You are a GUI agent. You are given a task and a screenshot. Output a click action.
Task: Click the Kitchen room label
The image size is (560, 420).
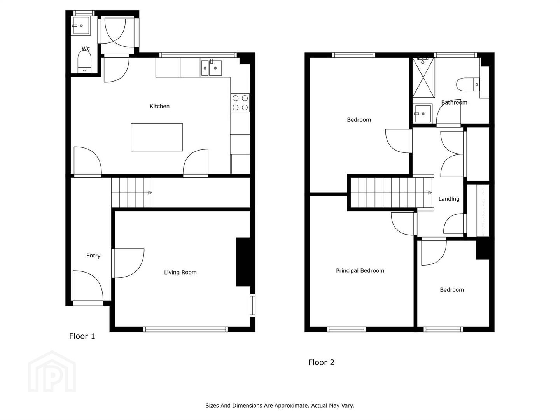(159, 106)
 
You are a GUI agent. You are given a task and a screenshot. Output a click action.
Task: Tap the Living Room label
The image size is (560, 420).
(180, 272)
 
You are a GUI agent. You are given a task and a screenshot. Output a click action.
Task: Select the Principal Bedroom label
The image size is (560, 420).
(360, 271)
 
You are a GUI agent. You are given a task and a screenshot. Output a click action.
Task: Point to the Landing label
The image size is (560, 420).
(449, 199)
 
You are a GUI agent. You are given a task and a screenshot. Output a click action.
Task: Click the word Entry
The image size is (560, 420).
(93, 255)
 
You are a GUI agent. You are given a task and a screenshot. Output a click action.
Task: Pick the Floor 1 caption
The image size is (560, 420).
(82, 336)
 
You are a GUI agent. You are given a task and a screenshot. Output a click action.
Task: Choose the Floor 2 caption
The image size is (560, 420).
(321, 362)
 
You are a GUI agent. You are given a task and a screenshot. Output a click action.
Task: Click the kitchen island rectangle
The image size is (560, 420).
(157, 137)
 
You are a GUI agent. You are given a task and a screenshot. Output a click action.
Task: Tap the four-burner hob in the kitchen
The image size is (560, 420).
(240, 103)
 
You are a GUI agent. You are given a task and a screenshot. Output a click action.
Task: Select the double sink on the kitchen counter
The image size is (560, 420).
(212, 68)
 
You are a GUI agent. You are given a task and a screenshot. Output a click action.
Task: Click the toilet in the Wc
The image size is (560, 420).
(84, 62)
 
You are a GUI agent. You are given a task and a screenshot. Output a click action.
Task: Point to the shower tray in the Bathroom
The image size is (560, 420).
(423, 77)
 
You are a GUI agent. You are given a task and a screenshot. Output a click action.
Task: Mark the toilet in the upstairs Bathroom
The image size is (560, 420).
(468, 84)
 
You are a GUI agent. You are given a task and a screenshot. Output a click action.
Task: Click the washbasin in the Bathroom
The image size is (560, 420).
(422, 114)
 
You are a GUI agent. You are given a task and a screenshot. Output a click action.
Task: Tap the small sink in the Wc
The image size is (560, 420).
(81, 26)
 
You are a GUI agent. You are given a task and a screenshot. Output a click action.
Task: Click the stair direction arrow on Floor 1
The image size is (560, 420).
(150, 192)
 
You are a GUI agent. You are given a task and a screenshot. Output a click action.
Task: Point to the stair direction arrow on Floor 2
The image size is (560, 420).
(430, 192)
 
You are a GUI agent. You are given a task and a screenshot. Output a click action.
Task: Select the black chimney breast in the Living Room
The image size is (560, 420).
(244, 262)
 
